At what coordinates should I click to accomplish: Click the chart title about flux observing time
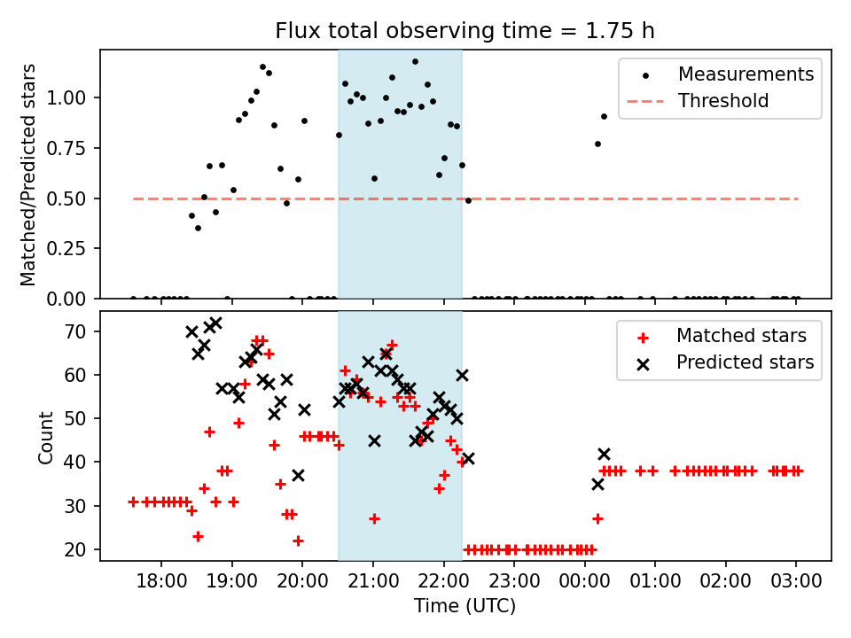coord(465,31)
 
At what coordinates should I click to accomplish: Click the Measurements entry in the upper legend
coord(746,74)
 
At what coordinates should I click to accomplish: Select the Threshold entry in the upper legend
coord(723,101)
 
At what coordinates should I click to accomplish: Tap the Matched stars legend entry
coord(741,336)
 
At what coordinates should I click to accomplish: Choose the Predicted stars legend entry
coord(745,362)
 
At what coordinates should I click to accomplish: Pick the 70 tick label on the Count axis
coord(81,331)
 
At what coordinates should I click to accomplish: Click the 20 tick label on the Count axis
coord(81,549)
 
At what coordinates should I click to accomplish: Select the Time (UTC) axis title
coord(465,606)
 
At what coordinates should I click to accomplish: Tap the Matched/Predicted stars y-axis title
coord(29,175)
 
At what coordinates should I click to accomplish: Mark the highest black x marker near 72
coord(215,323)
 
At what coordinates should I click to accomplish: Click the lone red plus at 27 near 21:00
coord(374,518)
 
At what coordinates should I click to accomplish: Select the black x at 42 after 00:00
coord(604,454)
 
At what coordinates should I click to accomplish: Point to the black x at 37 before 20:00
coord(298,476)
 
